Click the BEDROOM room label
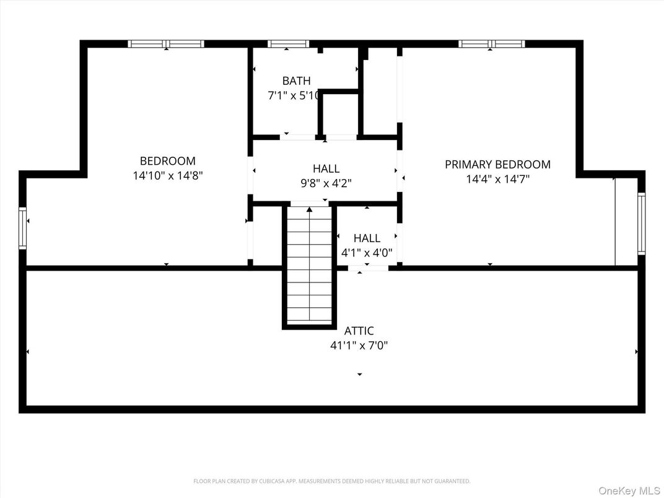[x=167, y=161]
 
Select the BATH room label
[x=296, y=81]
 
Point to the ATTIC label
[x=359, y=331]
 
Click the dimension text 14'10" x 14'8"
[x=167, y=176]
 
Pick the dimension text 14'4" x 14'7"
[x=498, y=179]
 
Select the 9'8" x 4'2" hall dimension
[x=326, y=183]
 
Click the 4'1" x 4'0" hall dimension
[x=367, y=253]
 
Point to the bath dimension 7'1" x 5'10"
[x=294, y=96]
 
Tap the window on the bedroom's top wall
[x=166, y=44]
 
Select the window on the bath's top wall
[x=288, y=44]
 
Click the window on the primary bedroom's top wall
[x=491, y=44]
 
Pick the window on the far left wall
[x=23, y=228]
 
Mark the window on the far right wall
[x=641, y=224]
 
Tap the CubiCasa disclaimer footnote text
[x=332, y=481]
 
